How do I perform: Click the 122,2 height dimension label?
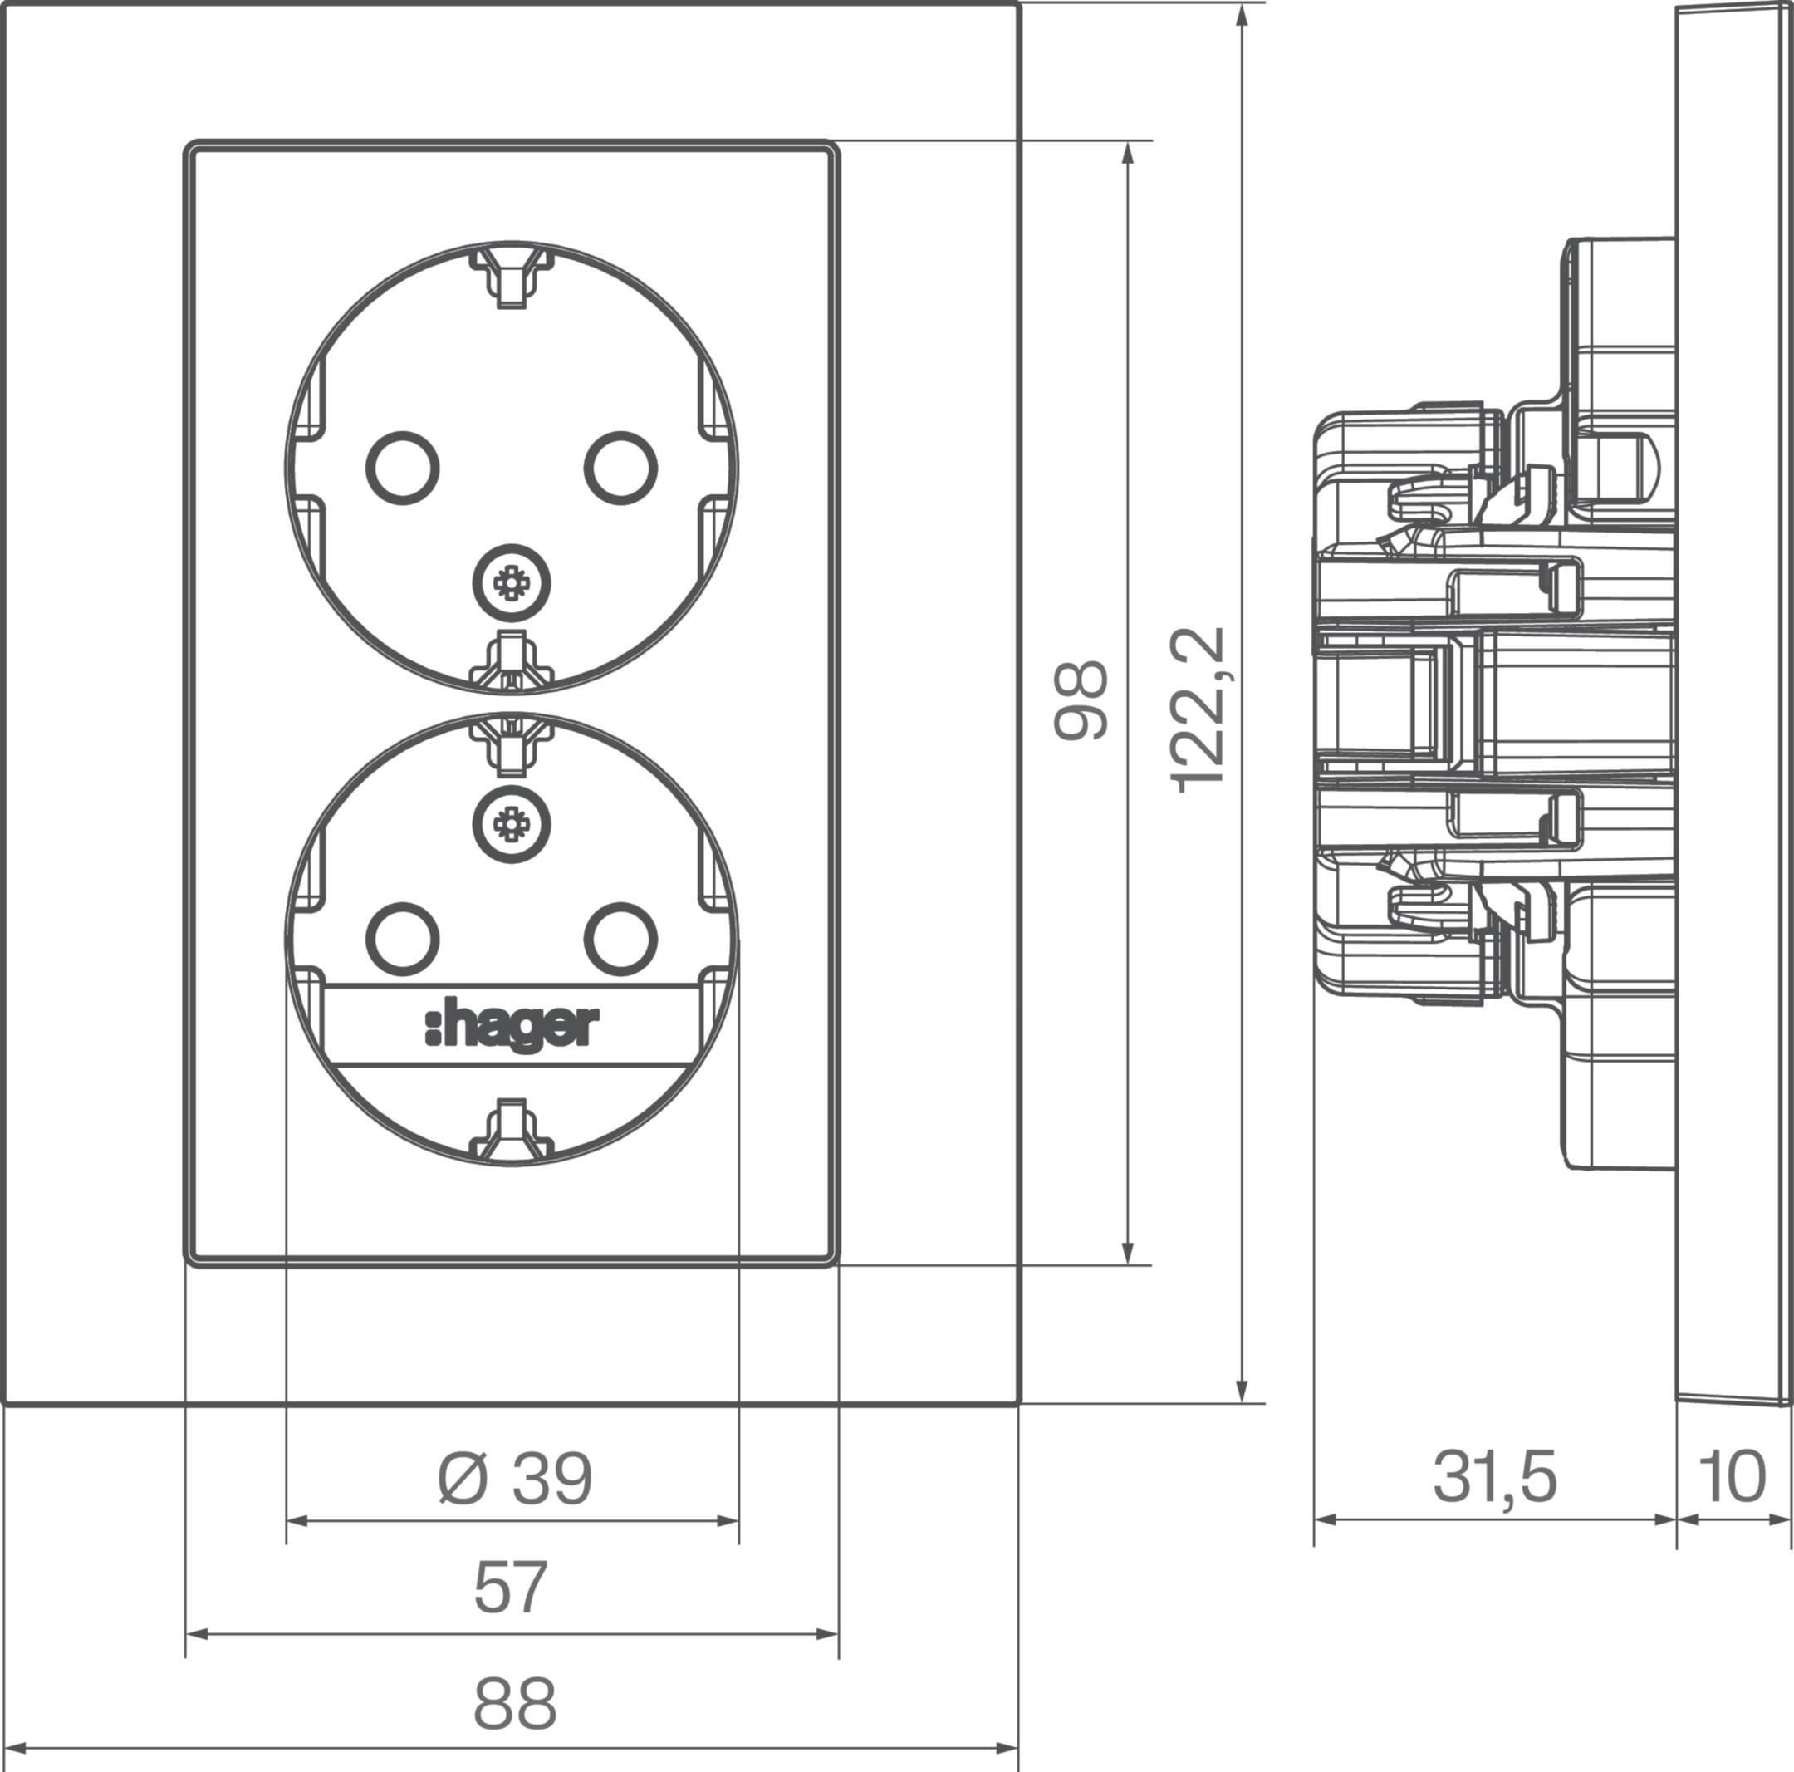tap(1198, 711)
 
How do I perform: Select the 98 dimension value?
tap(1081, 700)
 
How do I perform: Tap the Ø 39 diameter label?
tap(514, 1480)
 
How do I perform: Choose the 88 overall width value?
tap(514, 1702)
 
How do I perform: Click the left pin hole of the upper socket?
tap(403, 468)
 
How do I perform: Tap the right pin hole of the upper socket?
tap(621, 468)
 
